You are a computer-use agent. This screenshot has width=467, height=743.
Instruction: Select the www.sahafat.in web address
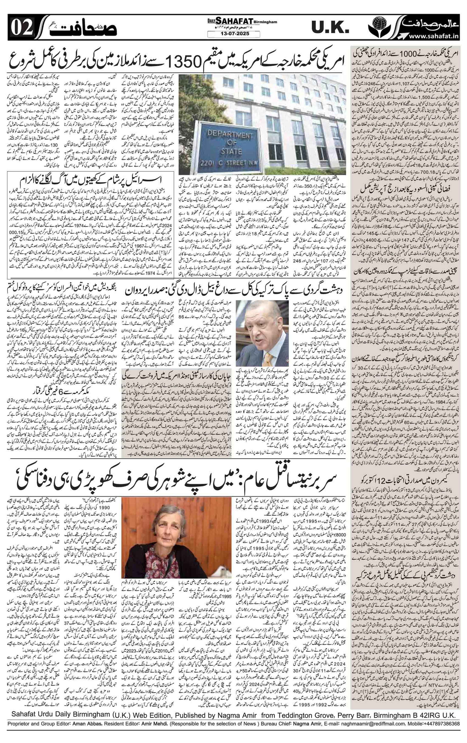pyautogui.click(x=432, y=37)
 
